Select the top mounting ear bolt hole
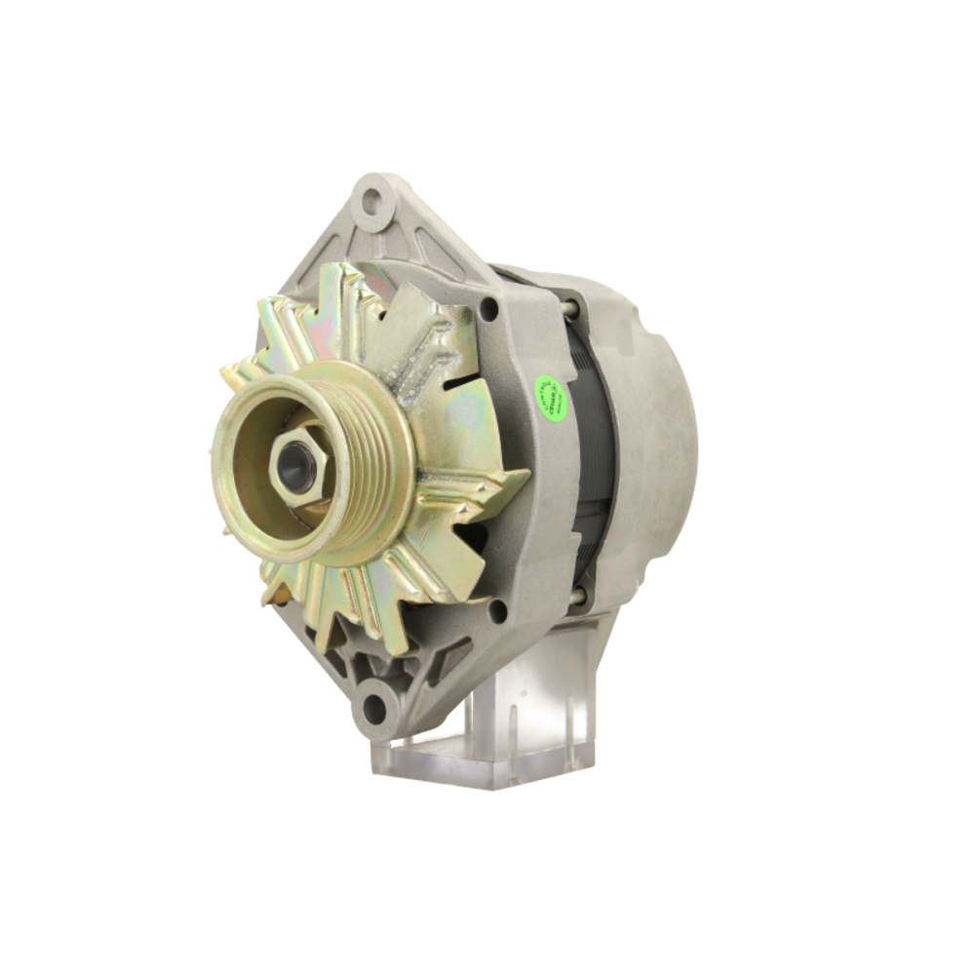click(x=371, y=205)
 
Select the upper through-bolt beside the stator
click(x=569, y=310)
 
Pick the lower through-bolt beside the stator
click(x=577, y=595)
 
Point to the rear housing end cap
click(x=653, y=439)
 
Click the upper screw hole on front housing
click(x=488, y=311)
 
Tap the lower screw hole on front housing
click(x=497, y=611)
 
